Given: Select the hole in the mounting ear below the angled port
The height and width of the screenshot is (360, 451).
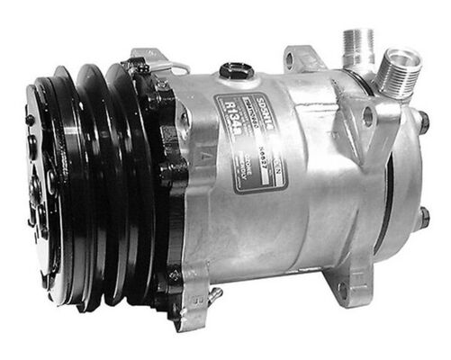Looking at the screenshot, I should (x=368, y=116).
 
